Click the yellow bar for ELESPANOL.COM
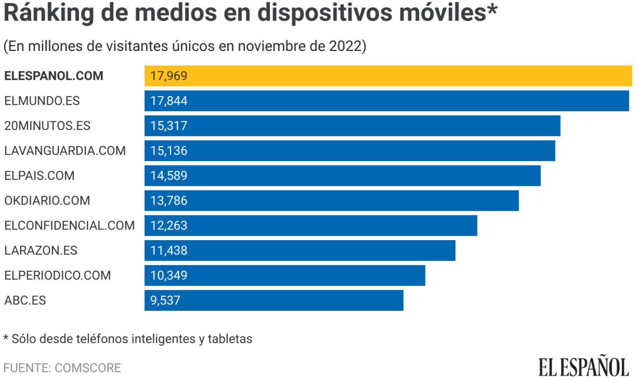388,76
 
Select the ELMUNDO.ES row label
42,101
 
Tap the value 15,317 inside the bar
169,126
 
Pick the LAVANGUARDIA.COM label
65,151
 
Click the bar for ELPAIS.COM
342,176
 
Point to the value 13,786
169,201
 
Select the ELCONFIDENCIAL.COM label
69,225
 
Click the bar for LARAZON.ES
300,251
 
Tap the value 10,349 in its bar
169,276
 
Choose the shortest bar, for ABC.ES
274,300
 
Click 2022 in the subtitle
345,46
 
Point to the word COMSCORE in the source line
88,368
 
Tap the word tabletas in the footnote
230,339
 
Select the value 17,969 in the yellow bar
169,76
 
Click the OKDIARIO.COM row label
47,201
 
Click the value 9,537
165,300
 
